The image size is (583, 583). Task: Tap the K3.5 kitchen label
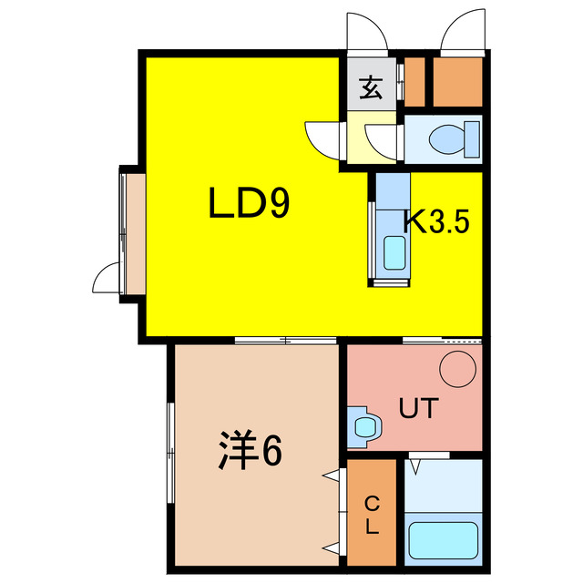[x=436, y=221]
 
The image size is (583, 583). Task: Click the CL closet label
[x=373, y=515]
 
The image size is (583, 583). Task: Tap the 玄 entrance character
[x=371, y=89]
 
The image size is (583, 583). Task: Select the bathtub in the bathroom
[x=443, y=538]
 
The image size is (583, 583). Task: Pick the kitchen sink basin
[x=394, y=252]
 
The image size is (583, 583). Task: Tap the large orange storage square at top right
[x=455, y=81]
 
